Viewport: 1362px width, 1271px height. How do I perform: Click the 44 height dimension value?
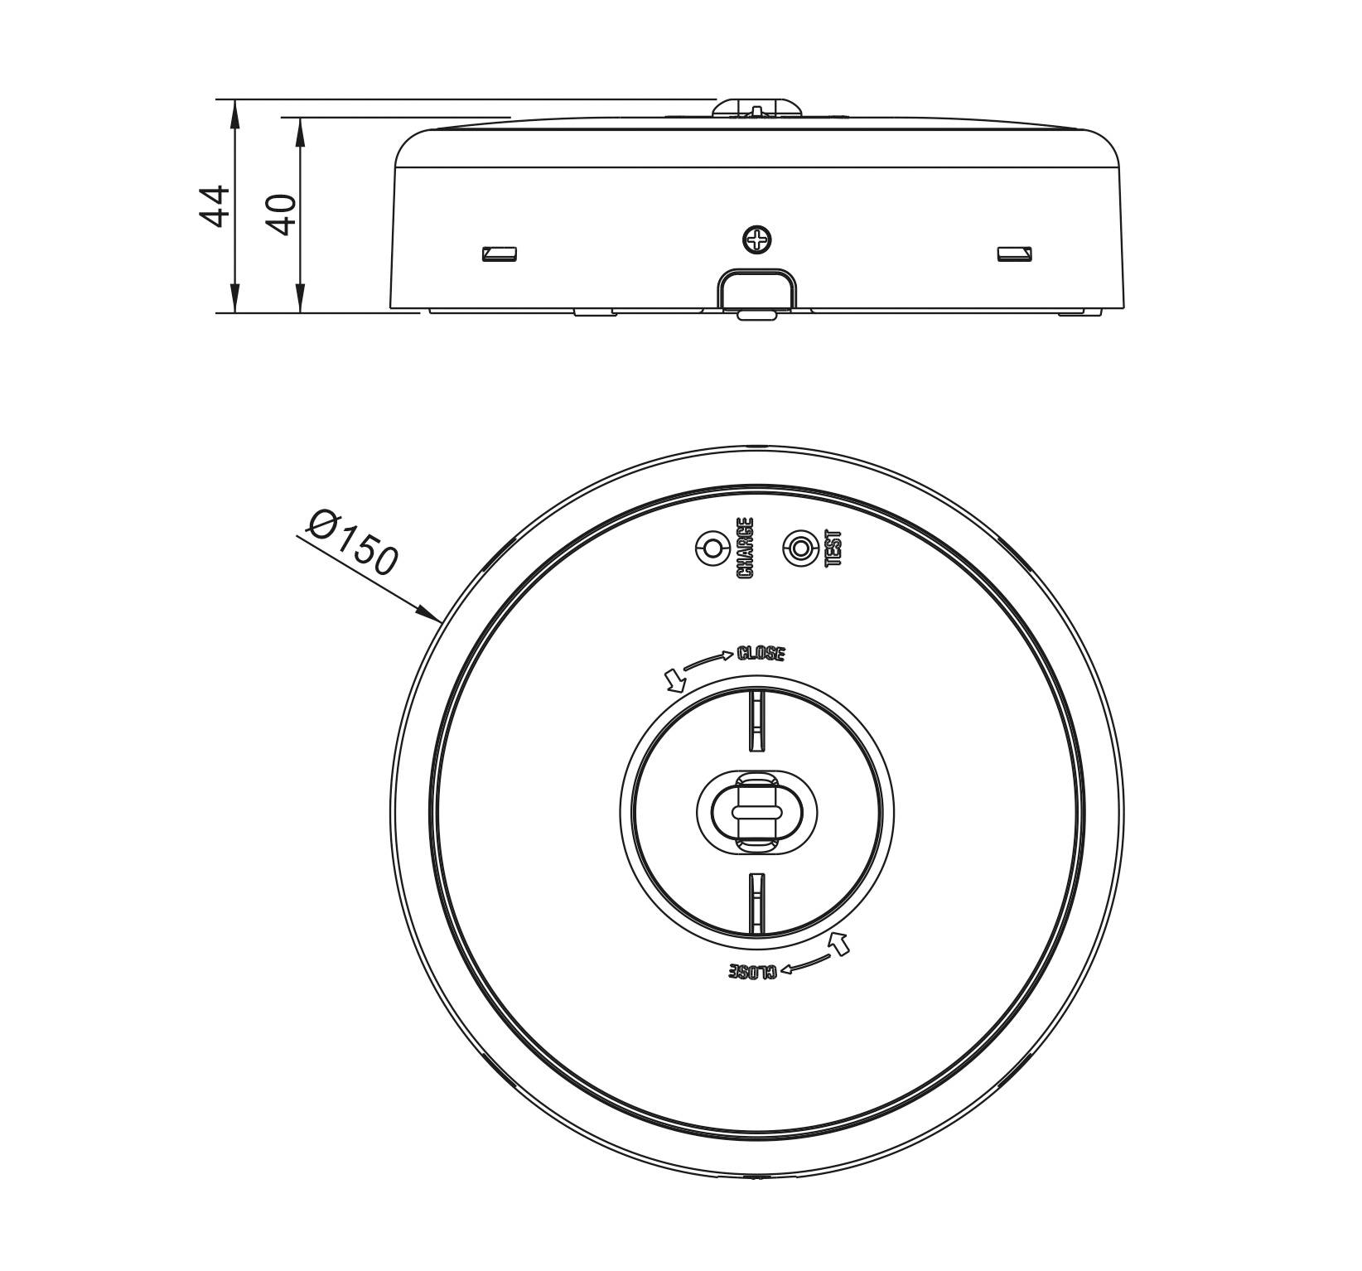pyautogui.click(x=215, y=205)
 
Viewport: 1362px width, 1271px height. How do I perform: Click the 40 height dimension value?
pyautogui.click(x=283, y=215)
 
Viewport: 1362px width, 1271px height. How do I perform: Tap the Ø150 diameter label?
pyautogui.click(x=351, y=543)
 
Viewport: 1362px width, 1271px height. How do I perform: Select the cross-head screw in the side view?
pyautogui.click(x=757, y=240)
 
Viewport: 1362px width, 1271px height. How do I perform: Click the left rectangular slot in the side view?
pyautogui.click(x=500, y=254)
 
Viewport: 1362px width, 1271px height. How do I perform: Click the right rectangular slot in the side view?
pyautogui.click(x=1014, y=254)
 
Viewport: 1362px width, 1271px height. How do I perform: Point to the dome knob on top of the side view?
pyautogui.click(x=758, y=109)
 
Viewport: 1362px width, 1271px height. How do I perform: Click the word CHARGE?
pyautogui.click(x=745, y=548)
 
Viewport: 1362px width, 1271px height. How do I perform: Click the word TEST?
pyautogui.click(x=833, y=548)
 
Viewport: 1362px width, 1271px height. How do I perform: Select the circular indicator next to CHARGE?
pyautogui.click(x=711, y=549)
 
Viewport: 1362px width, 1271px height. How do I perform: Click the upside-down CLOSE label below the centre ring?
pyautogui.click(x=753, y=971)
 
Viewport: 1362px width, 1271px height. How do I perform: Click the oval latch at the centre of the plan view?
pyautogui.click(x=756, y=811)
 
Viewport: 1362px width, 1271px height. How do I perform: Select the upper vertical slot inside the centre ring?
pyautogui.click(x=756, y=721)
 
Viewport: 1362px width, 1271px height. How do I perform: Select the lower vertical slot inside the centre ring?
pyautogui.click(x=756, y=903)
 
